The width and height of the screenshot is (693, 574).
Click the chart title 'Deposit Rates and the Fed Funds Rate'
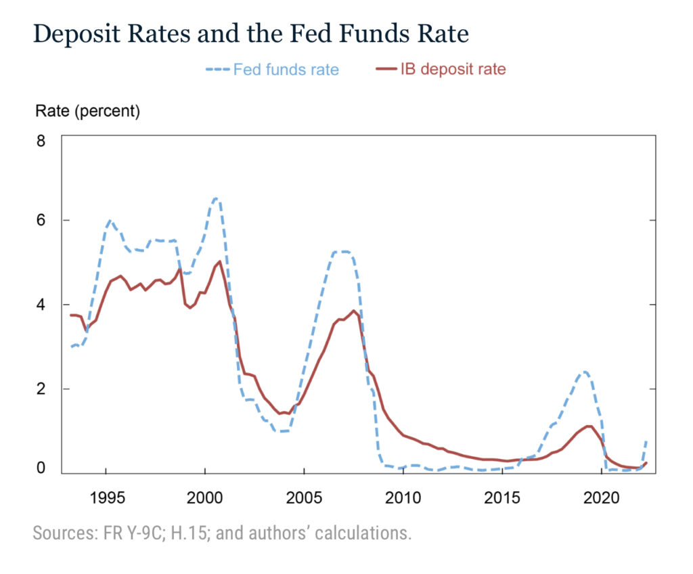point(250,34)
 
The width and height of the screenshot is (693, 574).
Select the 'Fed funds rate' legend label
point(286,70)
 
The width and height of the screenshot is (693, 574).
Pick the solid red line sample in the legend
point(388,70)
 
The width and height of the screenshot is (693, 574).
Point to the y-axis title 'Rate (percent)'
point(87,112)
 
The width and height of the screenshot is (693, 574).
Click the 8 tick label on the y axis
point(41,141)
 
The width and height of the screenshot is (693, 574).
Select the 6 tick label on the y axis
point(41,221)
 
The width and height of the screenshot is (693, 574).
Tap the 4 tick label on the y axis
point(41,305)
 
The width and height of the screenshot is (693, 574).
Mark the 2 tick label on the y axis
point(41,389)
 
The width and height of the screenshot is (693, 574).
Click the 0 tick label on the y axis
point(41,468)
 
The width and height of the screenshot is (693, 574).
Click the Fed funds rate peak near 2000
point(215,198)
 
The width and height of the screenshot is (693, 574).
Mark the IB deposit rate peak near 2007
point(353,311)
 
